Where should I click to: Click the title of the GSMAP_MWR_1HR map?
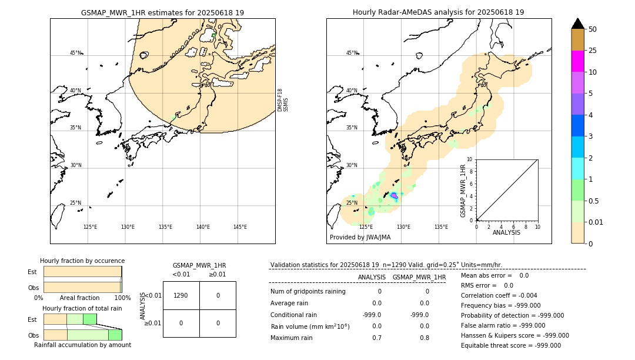[162, 12]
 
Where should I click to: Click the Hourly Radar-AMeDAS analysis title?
[438, 12]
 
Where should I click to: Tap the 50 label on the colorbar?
[593, 29]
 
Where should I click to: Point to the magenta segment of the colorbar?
[578, 61]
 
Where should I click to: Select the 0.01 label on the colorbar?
[597, 222]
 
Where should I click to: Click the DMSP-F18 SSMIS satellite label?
[283, 100]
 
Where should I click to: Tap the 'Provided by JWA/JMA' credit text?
[360, 238]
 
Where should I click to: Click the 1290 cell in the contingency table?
[181, 295]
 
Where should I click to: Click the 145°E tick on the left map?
[240, 227]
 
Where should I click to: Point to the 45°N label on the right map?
[352, 53]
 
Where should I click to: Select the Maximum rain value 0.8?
[425, 338]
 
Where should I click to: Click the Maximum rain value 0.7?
[376, 338]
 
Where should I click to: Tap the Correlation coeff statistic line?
[499, 295]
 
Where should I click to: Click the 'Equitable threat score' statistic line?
[510, 345]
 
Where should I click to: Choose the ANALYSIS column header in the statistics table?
[372, 277]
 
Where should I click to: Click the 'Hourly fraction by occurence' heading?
[82, 261]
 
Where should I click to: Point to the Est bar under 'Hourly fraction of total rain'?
[70, 319]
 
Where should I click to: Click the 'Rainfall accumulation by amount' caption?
[82, 345]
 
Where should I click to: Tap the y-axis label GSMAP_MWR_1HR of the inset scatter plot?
[463, 191]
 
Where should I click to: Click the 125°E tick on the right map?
[366, 227]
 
